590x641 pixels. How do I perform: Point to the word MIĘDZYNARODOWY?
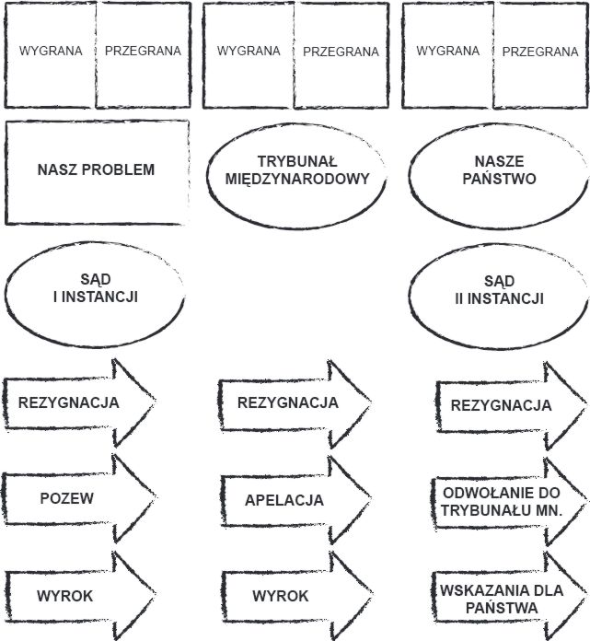tap(297, 179)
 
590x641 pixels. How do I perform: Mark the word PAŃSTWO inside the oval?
tap(499, 179)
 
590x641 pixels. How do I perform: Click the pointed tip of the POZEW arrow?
tap(156, 497)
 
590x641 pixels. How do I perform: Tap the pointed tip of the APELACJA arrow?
tap(371, 499)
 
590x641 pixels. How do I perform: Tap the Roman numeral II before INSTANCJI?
tap(459, 298)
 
